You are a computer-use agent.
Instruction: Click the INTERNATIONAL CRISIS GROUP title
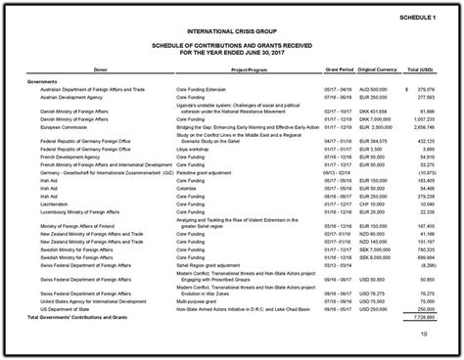pos(232,32)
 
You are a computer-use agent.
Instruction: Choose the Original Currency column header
pos(380,69)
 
